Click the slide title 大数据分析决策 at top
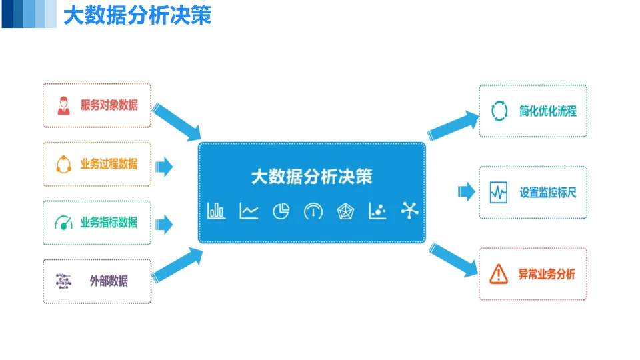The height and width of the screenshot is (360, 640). (137, 16)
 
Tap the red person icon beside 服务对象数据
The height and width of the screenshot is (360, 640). (63, 105)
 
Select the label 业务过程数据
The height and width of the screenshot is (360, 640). (109, 164)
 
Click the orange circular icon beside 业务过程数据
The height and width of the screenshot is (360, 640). (63, 164)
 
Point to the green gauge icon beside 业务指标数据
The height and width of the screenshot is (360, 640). (63, 223)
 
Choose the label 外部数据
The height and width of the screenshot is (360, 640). (109, 281)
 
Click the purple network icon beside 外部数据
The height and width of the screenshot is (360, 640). (63, 281)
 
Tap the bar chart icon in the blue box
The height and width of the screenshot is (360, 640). (216, 211)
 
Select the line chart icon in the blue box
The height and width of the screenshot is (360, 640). (249, 211)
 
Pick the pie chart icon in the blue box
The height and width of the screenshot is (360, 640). (281, 211)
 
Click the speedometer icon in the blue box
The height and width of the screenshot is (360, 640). (313, 211)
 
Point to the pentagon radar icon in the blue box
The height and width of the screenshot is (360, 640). (345, 211)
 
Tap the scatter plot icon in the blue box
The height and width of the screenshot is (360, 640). (377, 211)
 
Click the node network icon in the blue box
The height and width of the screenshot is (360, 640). (409, 211)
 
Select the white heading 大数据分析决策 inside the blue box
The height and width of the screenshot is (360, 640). (311, 177)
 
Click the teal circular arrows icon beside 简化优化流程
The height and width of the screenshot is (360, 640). (499, 111)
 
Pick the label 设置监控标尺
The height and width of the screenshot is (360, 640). (548, 193)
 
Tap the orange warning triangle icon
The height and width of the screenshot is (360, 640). (498, 273)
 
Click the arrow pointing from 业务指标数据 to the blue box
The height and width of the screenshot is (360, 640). (164, 223)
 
